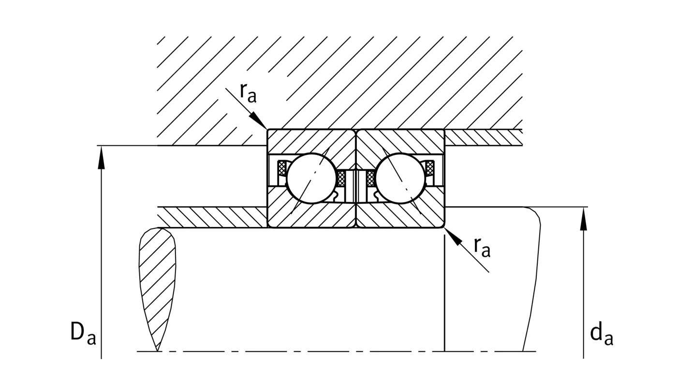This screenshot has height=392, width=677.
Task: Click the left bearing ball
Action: pyautogui.click(x=311, y=178)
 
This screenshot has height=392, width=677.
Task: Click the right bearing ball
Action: pyautogui.click(x=400, y=178)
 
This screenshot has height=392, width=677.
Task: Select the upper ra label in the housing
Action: pyautogui.click(x=248, y=93)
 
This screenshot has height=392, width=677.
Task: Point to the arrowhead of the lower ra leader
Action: pyautogui.click(x=453, y=236)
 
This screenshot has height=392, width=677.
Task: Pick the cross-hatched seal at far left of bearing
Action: pyautogui.click(x=281, y=168)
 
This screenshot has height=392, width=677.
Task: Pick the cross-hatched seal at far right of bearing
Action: pyautogui.click(x=430, y=168)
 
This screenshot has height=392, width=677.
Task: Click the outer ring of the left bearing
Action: pyautogui.click(x=311, y=142)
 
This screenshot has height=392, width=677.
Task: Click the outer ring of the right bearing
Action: pyautogui.click(x=400, y=142)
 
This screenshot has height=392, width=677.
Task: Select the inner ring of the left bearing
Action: pyautogui.click(x=311, y=215)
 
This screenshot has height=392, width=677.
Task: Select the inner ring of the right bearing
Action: pyautogui.click(x=400, y=215)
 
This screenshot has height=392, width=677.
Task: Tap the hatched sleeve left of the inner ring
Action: pyautogui.click(x=212, y=217)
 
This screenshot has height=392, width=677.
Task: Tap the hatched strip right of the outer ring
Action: pyautogui.click(x=484, y=138)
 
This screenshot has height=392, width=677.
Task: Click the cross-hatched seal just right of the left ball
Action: pyautogui.click(x=340, y=178)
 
